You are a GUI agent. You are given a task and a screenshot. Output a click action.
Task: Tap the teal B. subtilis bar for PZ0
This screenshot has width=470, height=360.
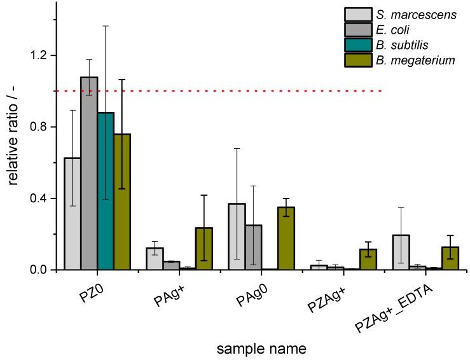point(106,191)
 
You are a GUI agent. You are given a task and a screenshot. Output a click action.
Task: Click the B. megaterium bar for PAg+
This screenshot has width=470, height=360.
point(204,249)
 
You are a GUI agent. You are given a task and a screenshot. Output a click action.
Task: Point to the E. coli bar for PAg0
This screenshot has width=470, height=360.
point(253,247)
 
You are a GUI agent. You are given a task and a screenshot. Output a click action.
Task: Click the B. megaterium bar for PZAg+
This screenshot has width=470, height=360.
point(368,260)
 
